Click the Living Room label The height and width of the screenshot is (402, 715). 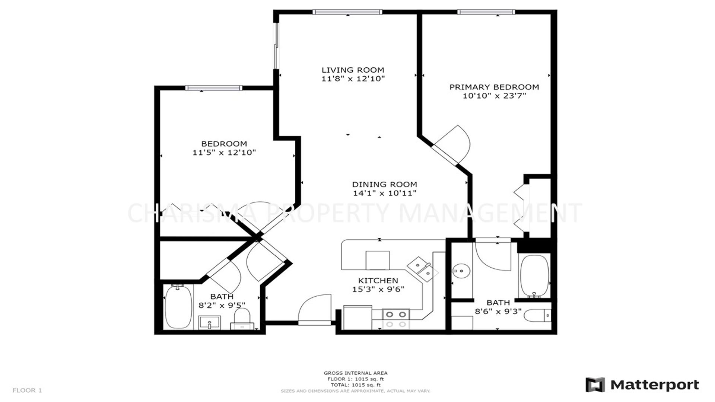[x=353, y=70]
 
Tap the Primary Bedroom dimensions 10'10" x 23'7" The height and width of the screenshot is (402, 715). [x=494, y=96]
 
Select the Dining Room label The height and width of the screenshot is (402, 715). [x=385, y=184]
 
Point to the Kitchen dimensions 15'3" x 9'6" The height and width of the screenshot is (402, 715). [x=378, y=290]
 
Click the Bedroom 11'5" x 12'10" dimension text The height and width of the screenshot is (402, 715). [x=224, y=153]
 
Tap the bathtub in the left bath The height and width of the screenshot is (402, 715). [x=178, y=307]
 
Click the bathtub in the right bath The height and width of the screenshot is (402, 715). [x=534, y=276]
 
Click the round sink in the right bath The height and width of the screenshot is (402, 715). [x=462, y=271]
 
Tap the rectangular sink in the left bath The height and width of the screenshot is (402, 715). [x=209, y=322]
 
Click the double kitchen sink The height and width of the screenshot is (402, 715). [x=423, y=270]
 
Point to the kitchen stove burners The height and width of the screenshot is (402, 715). [x=396, y=319]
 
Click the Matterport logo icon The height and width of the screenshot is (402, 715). [x=595, y=385]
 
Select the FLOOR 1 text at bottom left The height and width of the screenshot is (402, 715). [x=27, y=390]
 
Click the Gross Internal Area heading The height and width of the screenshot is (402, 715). [x=356, y=373]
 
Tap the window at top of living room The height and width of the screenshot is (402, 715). [x=347, y=12]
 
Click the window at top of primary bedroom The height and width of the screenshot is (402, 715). [x=486, y=12]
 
